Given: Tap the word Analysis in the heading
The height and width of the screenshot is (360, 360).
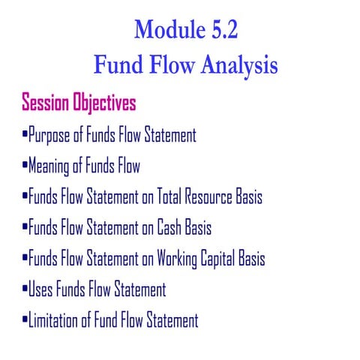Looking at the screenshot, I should click(235, 66).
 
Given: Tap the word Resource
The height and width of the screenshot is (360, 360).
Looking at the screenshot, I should click(212, 198).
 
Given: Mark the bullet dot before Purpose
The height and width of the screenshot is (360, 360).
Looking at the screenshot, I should click(25, 136).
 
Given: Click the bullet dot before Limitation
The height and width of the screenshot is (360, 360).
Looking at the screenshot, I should click(25, 321).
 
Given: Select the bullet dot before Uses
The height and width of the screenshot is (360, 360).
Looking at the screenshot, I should click(25, 290).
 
